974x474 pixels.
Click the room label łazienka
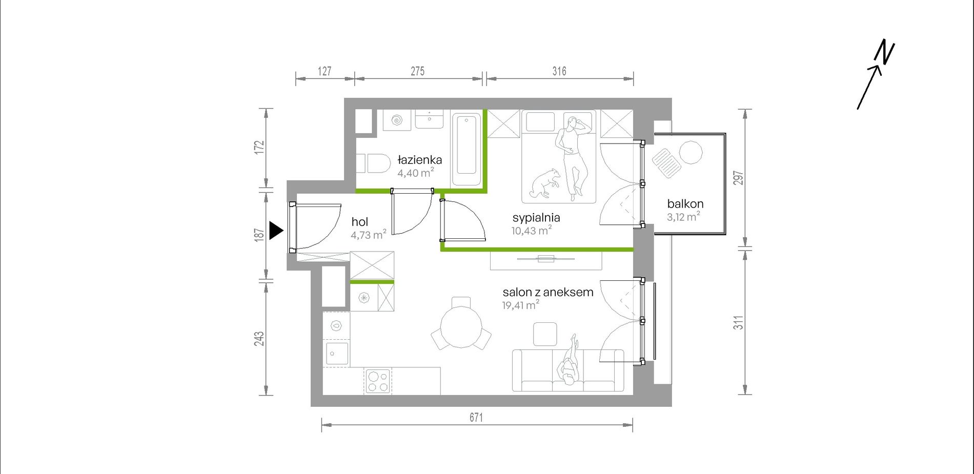419,160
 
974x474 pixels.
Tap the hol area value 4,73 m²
368,235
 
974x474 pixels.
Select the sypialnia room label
536,218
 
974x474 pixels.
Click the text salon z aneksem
547,292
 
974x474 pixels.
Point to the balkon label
685,203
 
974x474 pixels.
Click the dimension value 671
476,418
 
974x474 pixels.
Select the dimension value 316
559,71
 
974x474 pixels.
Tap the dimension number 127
324,71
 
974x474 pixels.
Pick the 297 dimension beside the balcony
738,178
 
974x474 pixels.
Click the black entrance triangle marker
276,231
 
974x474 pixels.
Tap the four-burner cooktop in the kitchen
378,381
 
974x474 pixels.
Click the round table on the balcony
691,152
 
